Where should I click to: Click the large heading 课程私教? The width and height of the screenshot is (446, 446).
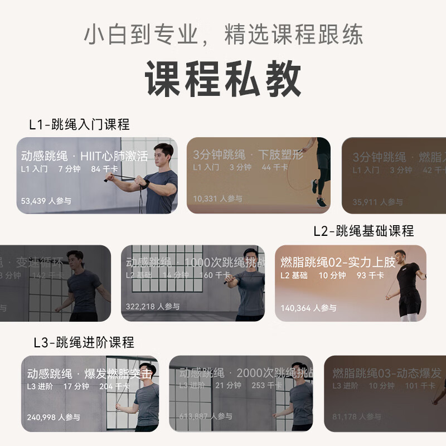pyautogui.click(x=223, y=79)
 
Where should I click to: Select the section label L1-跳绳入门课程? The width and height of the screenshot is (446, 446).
pyautogui.click(x=79, y=124)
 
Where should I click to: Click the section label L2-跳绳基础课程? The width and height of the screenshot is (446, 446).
pyautogui.click(x=363, y=231)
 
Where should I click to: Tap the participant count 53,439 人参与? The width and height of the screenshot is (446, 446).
pyautogui.click(x=46, y=201)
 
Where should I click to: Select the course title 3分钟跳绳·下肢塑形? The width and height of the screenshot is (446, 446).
pyautogui.click(x=248, y=154)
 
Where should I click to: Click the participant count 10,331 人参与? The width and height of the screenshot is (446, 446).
pyautogui.click(x=217, y=198)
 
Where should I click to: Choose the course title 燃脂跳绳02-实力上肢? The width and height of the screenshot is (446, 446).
pyautogui.click(x=338, y=262)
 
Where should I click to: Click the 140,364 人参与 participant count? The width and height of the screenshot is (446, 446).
pyautogui.click(x=308, y=308)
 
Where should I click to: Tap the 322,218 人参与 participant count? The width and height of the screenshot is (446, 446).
pyautogui.click(x=153, y=307)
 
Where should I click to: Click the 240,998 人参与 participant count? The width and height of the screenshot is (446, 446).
pyautogui.click(x=54, y=417)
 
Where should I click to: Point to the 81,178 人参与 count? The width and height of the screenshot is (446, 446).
pyautogui.click(x=357, y=416)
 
